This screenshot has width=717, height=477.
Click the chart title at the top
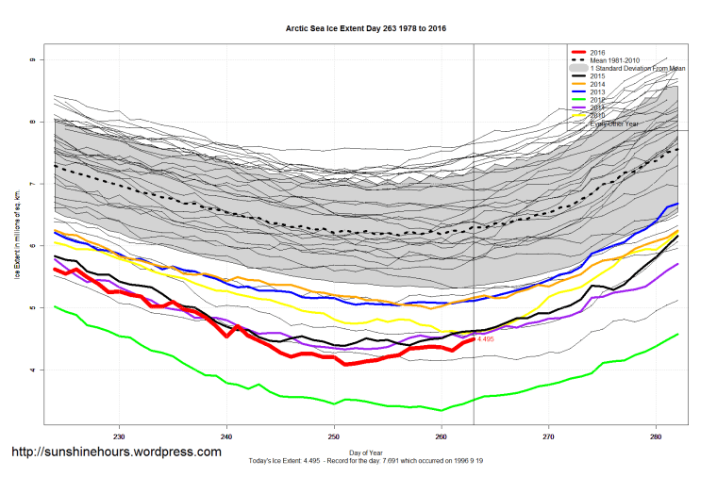(366, 28)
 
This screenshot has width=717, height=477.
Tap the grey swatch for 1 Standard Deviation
(576, 70)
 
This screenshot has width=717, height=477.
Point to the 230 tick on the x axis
(119, 437)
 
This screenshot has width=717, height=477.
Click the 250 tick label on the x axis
(334, 437)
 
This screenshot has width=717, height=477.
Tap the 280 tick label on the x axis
(656, 437)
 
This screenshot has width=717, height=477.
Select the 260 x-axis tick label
(441, 437)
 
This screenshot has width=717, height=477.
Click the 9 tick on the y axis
(31, 59)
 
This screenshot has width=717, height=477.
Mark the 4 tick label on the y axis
(31, 370)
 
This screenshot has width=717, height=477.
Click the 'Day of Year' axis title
(366, 453)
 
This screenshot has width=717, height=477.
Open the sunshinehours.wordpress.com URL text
(116, 452)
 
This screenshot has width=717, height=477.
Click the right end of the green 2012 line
(677, 334)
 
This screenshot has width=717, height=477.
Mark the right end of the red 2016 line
(473, 339)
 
